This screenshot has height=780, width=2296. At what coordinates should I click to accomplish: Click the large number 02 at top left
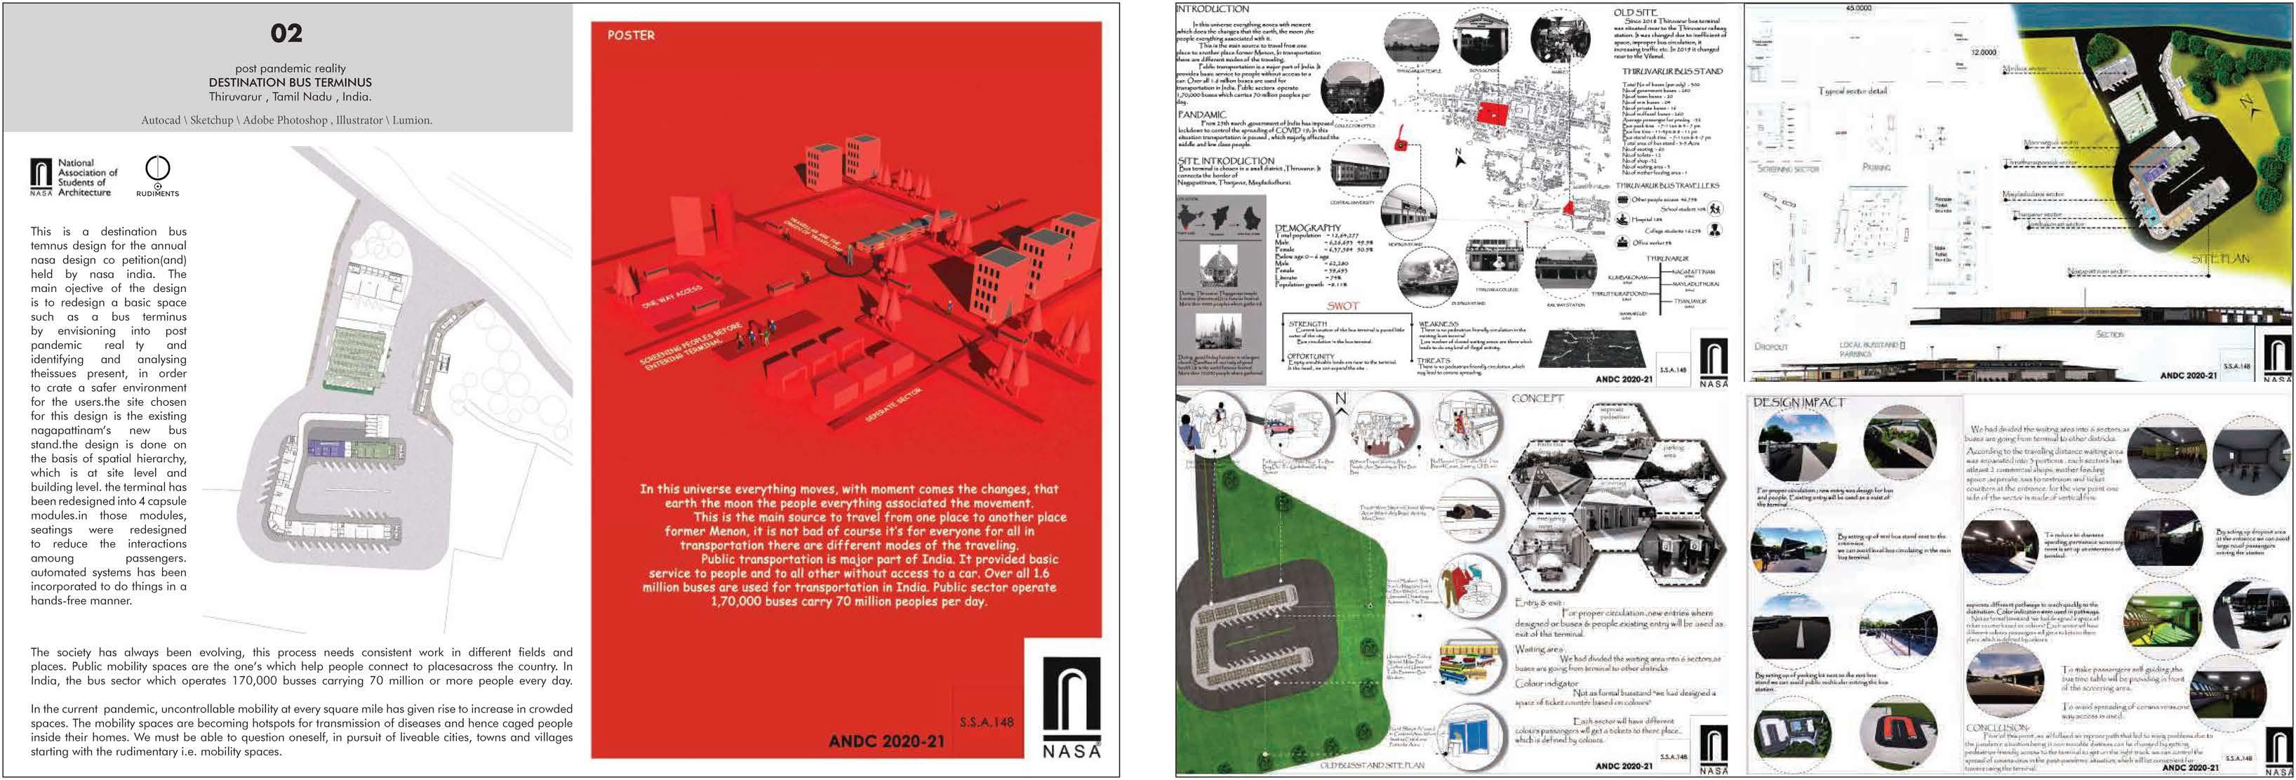[x=286, y=34]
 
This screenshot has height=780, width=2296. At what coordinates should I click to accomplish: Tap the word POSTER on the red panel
[x=630, y=36]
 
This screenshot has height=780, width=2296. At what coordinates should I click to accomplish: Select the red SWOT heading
[x=1343, y=306]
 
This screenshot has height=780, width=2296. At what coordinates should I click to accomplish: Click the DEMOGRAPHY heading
[x=1307, y=228]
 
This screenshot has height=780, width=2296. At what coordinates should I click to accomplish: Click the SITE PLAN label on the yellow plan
[x=2220, y=258]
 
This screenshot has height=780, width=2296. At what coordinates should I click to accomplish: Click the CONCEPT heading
[x=1537, y=399]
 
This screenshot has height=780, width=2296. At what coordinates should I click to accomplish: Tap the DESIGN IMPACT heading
[x=1798, y=403]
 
